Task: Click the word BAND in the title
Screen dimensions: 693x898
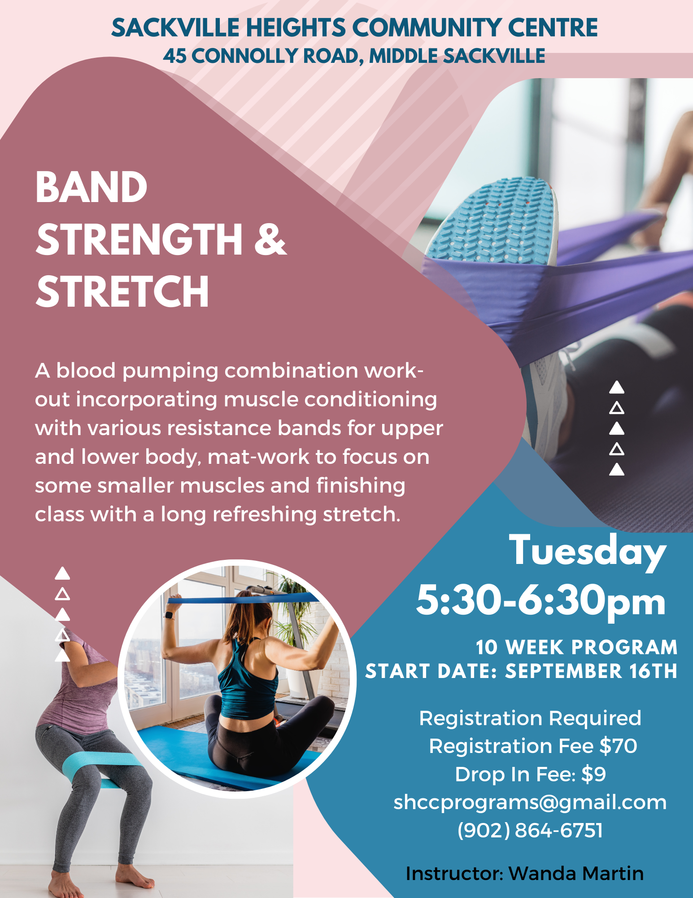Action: (x=92, y=187)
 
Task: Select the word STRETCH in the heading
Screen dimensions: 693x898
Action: (x=122, y=291)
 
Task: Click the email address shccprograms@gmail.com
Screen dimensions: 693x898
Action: (x=530, y=803)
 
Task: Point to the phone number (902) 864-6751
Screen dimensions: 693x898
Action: (x=530, y=830)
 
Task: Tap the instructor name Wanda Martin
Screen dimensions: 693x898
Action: (x=576, y=873)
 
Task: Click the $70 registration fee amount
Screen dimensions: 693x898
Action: (x=618, y=746)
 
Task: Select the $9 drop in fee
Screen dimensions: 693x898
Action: (x=593, y=774)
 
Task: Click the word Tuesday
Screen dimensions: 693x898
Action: (x=587, y=551)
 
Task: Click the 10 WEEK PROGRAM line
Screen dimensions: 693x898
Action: (x=576, y=647)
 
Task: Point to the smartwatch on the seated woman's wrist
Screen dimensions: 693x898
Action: (x=170, y=615)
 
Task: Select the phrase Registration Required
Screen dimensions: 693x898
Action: (x=530, y=718)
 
